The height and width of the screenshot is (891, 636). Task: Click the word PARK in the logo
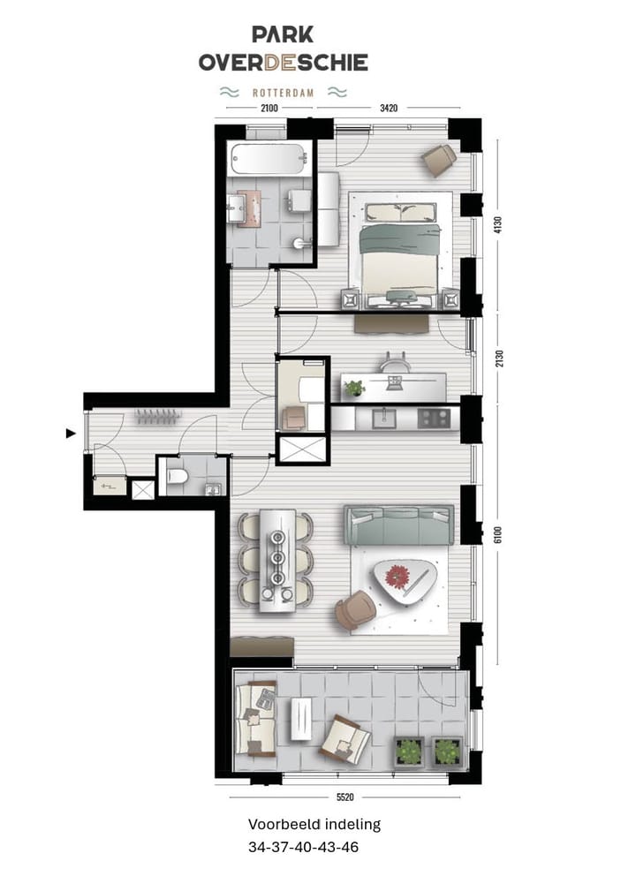pos(283,34)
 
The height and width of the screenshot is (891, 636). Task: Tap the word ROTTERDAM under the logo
pos(283,91)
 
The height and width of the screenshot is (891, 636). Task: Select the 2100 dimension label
pos(269,109)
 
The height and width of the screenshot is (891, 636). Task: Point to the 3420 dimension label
pos(388,109)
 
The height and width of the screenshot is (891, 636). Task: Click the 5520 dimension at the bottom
pos(344,797)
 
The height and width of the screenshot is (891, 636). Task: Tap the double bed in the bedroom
pos(401,253)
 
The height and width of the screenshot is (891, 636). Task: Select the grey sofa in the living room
pos(398,526)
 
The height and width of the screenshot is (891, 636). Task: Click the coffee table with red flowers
pos(405,581)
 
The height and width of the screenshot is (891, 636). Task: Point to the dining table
pos(276,560)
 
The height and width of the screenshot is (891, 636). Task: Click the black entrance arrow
pos(71,433)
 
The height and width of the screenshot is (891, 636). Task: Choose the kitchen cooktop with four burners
pos(433,418)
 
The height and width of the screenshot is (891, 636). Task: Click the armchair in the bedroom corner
pos(438,158)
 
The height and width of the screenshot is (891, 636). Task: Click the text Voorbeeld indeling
pos(314,825)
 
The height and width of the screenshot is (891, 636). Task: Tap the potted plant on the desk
pos(354,387)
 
